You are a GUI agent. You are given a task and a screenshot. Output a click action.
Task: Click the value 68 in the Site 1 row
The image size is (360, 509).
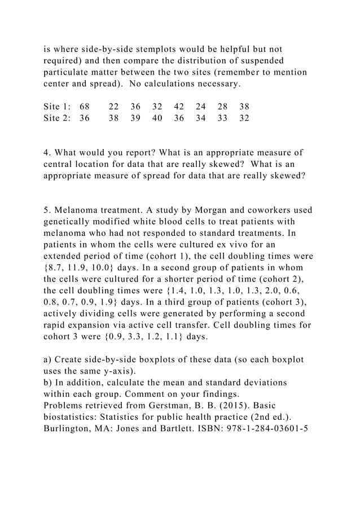coord(85,107)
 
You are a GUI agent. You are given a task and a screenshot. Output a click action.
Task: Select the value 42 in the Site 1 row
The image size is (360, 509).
coord(179,107)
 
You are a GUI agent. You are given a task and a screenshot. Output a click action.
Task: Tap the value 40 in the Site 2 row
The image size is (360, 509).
coord(157,119)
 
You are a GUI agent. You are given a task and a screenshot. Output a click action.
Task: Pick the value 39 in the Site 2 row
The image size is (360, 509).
coord(135,119)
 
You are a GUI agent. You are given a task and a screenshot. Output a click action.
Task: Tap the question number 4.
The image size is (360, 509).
coord(47,152)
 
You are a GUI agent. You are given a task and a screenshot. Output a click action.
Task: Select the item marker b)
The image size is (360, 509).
coord(48,383)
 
